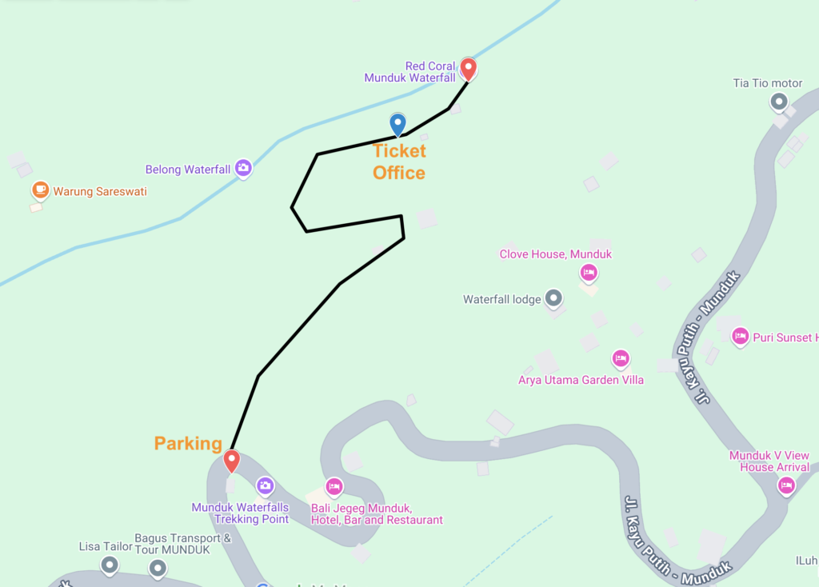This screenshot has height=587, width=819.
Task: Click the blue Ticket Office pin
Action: (x=398, y=124)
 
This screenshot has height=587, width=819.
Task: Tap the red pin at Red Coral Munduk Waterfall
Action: (x=469, y=69)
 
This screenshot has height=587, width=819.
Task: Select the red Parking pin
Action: (x=231, y=461)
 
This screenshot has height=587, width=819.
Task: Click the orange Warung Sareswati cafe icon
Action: (x=40, y=190)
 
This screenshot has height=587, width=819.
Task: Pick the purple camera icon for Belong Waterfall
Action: (x=243, y=168)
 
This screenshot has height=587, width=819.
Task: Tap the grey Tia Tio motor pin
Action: (x=778, y=102)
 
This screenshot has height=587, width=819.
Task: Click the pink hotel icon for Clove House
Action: (x=589, y=273)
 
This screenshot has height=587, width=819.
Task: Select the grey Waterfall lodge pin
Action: (x=553, y=299)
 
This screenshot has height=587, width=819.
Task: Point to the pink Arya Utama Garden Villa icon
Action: (x=620, y=358)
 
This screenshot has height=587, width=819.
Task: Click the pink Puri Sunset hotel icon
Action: (x=741, y=336)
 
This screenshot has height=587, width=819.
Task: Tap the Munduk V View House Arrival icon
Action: (x=786, y=485)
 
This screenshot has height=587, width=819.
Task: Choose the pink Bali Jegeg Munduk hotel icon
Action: (x=334, y=485)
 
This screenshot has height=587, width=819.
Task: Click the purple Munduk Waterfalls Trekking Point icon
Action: (x=265, y=485)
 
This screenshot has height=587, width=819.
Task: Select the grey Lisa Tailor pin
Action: (x=110, y=565)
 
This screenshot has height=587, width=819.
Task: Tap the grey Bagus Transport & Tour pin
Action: (x=158, y=569)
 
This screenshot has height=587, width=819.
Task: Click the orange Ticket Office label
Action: (x=399, y=162)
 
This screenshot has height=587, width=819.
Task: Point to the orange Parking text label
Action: (x=188, y=444)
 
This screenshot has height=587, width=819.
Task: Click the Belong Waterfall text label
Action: (x=188, y=170)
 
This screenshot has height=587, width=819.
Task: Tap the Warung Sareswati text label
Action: (x=100, y=192)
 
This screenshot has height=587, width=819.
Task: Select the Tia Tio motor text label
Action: (x=768, y=83)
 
